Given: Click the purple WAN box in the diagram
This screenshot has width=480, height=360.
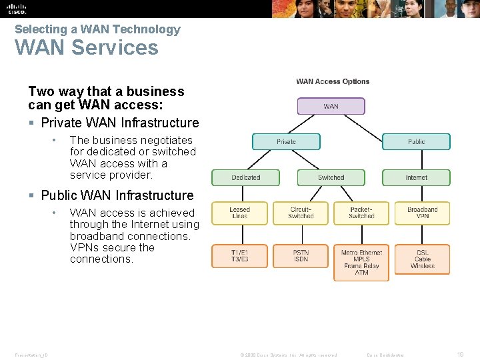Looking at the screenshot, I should [331, 106].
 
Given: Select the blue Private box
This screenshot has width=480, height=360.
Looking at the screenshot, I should [286, 141].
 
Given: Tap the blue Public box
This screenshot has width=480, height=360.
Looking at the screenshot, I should [416, 141].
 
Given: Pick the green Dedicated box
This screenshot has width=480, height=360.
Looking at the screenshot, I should [245, 177].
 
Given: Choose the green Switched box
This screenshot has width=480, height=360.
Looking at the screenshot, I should [331, 177].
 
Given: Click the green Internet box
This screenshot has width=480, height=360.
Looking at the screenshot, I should [416, 177].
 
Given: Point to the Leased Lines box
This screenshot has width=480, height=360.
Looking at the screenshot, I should [239, 213].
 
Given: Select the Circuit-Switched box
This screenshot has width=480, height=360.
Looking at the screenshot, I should [301, 213].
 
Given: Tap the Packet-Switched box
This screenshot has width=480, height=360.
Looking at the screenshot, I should [361, 213].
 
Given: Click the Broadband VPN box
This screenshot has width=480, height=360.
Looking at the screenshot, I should [422, 213].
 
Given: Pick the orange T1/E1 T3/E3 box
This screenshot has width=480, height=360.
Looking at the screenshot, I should [239, 256].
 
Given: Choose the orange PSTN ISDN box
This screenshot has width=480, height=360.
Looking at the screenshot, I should [301, 256].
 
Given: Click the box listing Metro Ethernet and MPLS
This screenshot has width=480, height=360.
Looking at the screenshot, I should [361, 263].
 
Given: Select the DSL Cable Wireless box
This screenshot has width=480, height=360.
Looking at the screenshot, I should [422, 259].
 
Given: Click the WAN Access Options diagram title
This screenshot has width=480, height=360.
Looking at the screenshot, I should [333, 81].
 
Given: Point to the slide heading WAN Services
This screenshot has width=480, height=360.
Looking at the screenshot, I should [87, 48].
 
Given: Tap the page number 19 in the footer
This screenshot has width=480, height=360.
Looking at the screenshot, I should [460, 355].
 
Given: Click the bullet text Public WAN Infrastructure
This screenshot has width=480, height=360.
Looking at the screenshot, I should [117, 195].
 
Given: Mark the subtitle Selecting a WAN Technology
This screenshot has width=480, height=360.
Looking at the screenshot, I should [97, 29].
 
